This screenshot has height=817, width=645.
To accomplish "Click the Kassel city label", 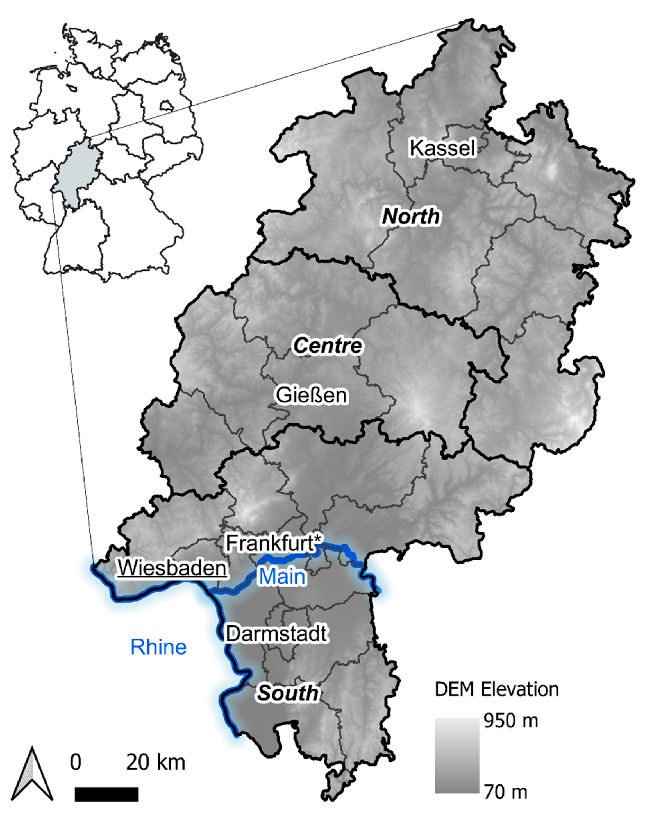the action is point(442,148).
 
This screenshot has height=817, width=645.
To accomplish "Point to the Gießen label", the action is point(312,395).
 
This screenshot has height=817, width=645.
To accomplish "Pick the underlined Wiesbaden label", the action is point(172,568).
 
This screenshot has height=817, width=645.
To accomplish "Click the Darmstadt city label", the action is point(276,634).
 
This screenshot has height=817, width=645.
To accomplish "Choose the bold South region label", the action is point(287,693).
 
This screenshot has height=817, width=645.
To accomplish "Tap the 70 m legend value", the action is point(505,792).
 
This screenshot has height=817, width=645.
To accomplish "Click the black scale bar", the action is point(106,794).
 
